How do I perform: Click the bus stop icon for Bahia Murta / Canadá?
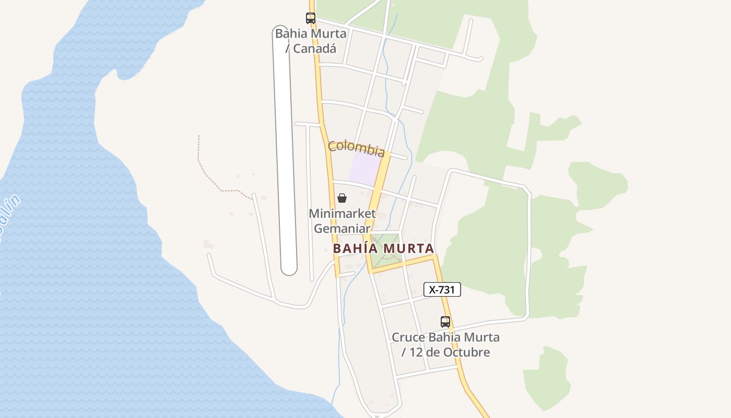tap(311, 18)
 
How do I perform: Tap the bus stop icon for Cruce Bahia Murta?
tap(445, 322)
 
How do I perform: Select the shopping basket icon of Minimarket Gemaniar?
tap(342, 198)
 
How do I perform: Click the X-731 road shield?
tap(442, 289)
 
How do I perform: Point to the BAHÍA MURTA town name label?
tap(383, 248)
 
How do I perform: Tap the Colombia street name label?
tap(356, 148)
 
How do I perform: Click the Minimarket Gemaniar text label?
tap(342, 221)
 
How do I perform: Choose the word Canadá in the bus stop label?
tap(314, 49)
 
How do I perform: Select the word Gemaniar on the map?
tap(342, 228)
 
